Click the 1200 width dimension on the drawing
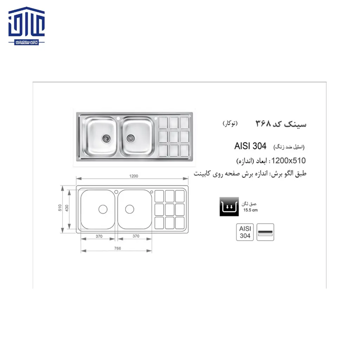click(133, 176)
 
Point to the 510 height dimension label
click(60, 208)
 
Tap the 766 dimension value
click(117, 248)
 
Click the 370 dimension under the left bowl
click(99, 236)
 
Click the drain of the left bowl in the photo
click(105, 138)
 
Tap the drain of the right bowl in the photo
click(130, 138)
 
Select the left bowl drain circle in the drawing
click(103, 209)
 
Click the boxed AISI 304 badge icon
click(245, 232)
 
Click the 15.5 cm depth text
click(250, 211)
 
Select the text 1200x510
click(288, 161)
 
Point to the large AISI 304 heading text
click(250, 146)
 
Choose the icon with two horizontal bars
click(265, 232)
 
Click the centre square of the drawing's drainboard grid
click(170, 209)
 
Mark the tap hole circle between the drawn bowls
click(116, 192)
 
